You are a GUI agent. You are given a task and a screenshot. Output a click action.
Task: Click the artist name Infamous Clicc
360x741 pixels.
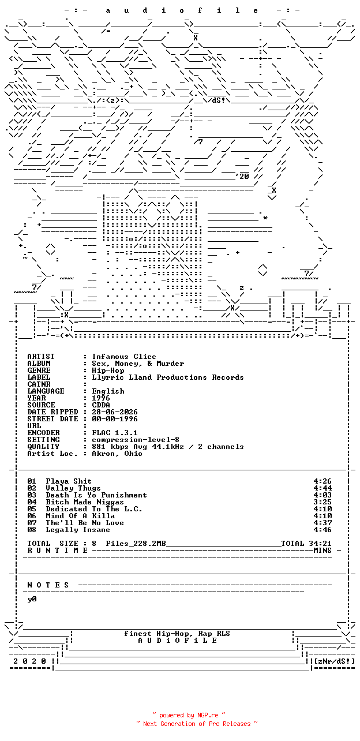(124, 357)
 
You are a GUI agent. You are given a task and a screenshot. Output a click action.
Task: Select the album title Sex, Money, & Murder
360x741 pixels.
(138, 364)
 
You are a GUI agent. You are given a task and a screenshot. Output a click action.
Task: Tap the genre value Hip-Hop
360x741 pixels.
(108, 370)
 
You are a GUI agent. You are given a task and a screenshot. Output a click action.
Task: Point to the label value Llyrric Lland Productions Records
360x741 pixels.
(168, 377)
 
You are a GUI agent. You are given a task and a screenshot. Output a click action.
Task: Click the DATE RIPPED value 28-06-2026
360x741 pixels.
(115, 412)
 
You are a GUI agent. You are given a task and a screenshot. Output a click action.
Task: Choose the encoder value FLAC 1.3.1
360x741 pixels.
(115, 433)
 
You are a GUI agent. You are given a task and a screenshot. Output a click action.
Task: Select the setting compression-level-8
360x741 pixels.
(136, 440)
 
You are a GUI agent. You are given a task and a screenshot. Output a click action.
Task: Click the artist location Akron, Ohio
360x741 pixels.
(117, 454)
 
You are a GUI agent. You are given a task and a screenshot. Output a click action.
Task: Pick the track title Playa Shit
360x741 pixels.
(69, 481)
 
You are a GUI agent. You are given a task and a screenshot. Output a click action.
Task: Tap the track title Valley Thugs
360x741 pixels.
(73, 488)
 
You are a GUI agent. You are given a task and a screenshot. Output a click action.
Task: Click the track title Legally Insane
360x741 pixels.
(78, 530)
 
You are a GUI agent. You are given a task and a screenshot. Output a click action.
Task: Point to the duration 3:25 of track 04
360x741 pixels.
(322, 502)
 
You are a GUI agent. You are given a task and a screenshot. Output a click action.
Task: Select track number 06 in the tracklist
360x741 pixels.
(32, 516)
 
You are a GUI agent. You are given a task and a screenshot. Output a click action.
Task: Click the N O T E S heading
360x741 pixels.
(48, 585)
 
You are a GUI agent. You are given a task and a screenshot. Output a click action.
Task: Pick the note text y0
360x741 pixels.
(32, 599)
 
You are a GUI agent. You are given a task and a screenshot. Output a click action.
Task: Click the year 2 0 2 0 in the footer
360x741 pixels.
(29, 661)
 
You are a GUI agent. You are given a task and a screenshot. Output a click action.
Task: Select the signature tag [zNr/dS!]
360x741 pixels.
(334, 661)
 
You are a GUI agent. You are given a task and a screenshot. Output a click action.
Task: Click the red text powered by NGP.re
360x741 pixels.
(189, 715)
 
